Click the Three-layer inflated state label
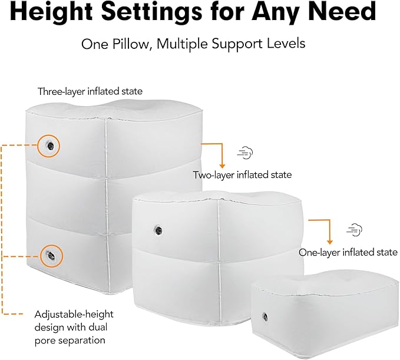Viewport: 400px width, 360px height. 90,91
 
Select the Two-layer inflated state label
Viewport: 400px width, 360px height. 242,175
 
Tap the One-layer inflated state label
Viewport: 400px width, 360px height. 348,253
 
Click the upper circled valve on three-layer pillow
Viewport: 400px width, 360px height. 49,146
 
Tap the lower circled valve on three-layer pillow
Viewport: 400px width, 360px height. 51,255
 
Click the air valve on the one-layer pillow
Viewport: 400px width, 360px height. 265,317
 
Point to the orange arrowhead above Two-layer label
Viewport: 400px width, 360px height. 222,166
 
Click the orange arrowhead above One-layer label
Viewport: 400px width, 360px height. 330,242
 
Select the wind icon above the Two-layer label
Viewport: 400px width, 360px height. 245,153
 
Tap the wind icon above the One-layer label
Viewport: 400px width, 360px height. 354,230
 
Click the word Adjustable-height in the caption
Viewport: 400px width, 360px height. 74,315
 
